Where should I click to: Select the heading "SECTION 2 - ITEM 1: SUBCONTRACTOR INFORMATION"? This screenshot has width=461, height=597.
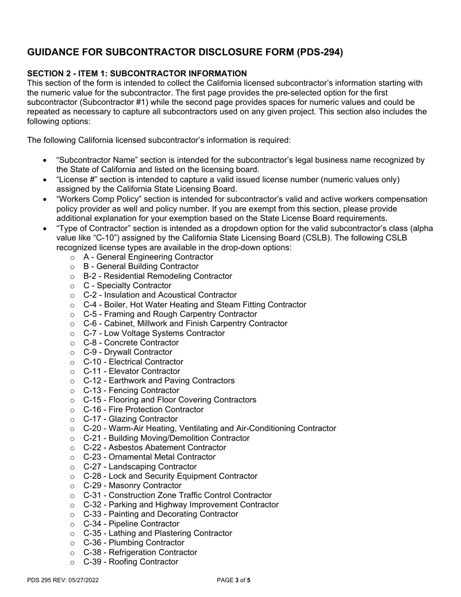click(137, 73)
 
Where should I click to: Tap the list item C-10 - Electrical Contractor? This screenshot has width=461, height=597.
click(133, 362)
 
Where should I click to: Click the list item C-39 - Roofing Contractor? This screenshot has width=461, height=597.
click(131, 562)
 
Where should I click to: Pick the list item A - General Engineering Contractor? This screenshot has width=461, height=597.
click(148, 257)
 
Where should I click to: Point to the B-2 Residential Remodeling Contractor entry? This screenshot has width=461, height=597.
click(157, 276)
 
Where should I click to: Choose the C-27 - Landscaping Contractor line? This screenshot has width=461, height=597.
click(140, 466)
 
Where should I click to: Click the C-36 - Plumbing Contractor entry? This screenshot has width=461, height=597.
click(133, 543)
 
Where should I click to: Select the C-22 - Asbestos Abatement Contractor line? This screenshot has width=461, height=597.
click(154, 448)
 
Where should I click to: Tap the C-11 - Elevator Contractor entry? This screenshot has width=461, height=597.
click(132, 371)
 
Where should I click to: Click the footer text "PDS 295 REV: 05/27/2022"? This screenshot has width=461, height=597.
click(63, 580)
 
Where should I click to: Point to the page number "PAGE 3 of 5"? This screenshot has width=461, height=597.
click(234, 580)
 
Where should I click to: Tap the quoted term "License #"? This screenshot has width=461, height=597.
click(76, 180)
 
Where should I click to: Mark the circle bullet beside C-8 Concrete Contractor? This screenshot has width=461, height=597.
click(72, 343)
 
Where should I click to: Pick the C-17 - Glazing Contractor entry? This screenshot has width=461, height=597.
click(130, 419)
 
